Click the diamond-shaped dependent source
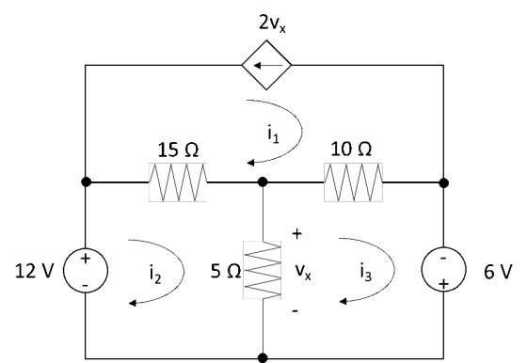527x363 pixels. point(266,65)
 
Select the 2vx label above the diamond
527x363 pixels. point(272,24)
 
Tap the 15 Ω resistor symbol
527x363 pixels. point(178,182)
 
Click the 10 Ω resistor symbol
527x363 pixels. point(353,182)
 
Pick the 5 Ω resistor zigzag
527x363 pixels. point(263,270)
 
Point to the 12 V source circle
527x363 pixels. point(86,270)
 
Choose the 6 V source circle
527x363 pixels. point(444,270)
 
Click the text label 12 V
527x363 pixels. point(34,271)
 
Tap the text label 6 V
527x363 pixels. point(498,272)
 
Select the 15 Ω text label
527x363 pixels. point(178,150)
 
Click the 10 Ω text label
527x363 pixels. point(351,149)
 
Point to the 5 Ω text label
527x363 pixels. point(226,271)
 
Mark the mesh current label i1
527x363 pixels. point(273,134)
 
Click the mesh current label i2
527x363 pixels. point(155,274)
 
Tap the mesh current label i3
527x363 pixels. point(366,272)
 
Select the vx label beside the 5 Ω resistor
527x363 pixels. point(303,272)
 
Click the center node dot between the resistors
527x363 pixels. point(263,182)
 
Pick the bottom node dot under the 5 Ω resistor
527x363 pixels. point(263,358)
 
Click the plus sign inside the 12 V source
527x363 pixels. point(86,259)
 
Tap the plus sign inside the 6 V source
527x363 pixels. point(443,284)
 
